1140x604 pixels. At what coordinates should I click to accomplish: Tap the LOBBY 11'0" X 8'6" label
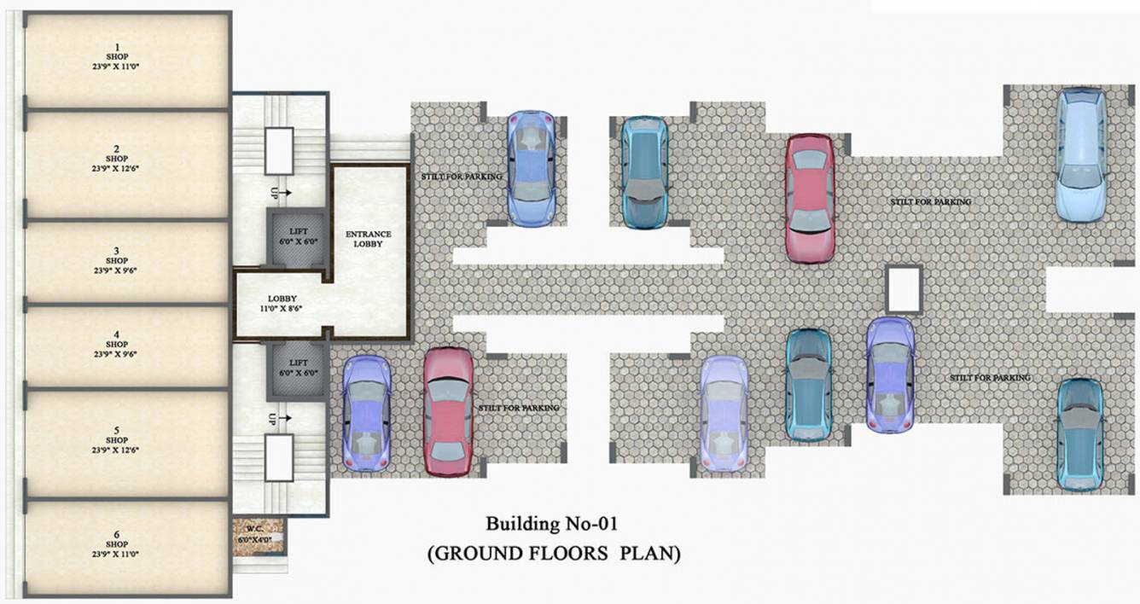coord(282,304)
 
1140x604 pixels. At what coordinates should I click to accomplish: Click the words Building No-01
coord(552,523)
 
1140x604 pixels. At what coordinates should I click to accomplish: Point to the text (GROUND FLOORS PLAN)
coord(553,554)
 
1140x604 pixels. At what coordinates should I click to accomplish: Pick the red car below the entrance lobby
coord(448,411)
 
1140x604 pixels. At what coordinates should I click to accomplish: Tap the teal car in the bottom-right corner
coord(1080,434)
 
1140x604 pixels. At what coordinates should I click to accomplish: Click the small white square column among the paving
coord(904,288)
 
